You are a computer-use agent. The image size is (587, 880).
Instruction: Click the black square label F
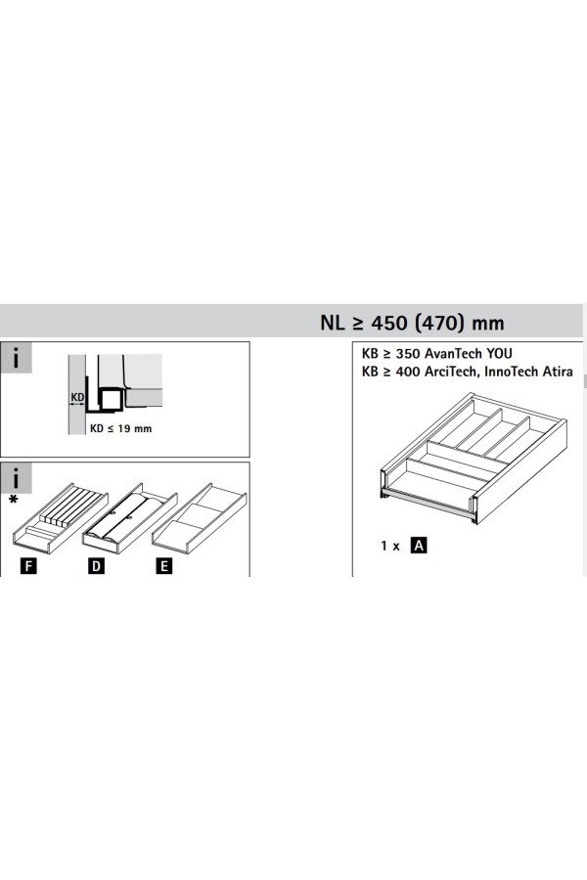click(x=27, y=566)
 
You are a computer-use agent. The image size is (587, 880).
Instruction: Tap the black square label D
click(x=96, y=566)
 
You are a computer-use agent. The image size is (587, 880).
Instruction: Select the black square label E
click(x=163, y=566)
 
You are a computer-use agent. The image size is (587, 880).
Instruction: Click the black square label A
click(x=419, y=545)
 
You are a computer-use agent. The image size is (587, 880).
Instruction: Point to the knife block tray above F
click(x=60, y=517)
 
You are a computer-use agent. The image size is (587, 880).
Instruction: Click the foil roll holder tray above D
click(x=130, y=517)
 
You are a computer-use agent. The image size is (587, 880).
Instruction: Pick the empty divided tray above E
click(x=199, y=517)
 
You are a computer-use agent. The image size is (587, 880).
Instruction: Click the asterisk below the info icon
click(x=14, y=500)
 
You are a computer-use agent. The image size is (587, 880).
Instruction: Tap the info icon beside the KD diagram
click(x=16, y=358)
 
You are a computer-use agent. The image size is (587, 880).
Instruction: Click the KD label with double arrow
click(x=77, y=399)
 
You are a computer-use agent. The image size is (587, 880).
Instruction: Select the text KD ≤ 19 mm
click(x=120, y=428)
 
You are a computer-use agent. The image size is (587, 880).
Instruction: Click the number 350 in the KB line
click(x=407, y=354)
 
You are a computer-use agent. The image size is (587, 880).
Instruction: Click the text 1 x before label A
click(x=389, y=546)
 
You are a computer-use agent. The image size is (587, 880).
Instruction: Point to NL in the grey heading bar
click(x=332, y=323)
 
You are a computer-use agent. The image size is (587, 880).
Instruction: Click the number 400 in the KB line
click(x=407, y=372)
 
